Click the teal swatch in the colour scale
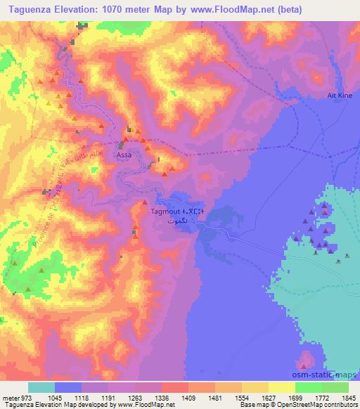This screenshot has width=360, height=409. tap(41, 387)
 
